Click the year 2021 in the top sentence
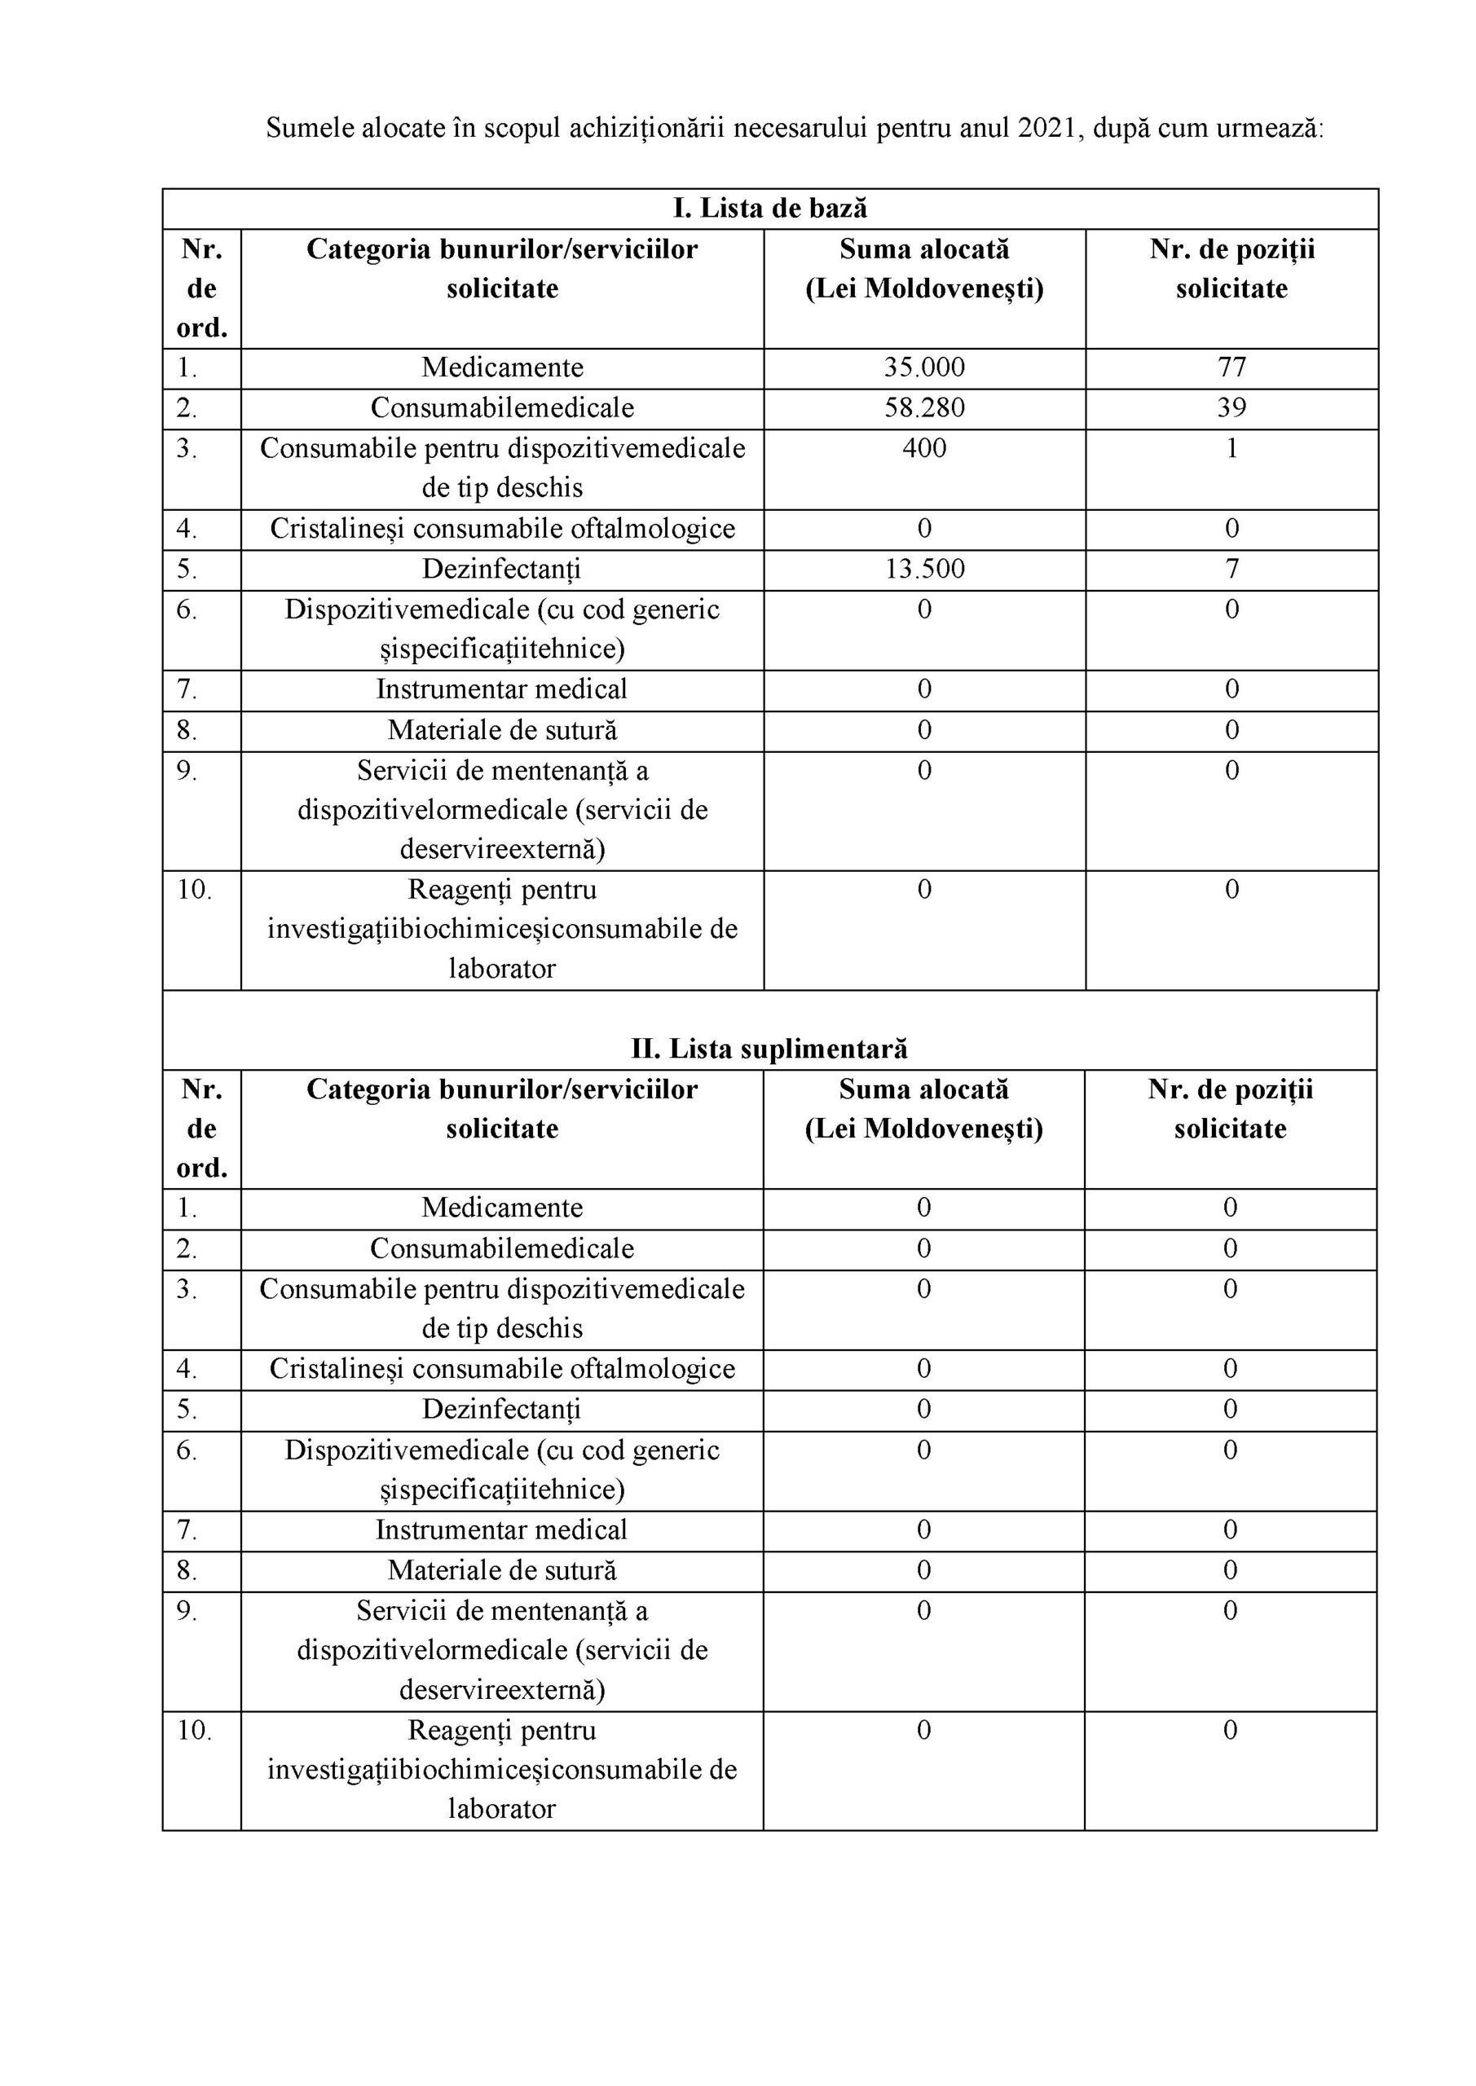pyautogui.click(x=1046, y=128)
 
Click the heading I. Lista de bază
pyautogui.click(x=770, y=209)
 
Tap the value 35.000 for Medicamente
pyautogui.click(x=924, y=368)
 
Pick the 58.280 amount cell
pyautogui.click(x=924, y=408)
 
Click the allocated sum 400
pyautogui.click(x=924, y=449)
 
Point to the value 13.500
pyautogui.click(x=924, y=570)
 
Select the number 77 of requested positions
pyautogui.click(x=1231, y=368)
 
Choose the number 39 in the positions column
pyautogui.click(x=1231, y=408)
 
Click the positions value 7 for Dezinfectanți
pyautogui.click(x=1231, y=570)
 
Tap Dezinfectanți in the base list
pyautogui.click(x=502, y=570)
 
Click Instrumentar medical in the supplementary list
pyautogui.click(x=502, y=1530)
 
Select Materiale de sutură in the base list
pyautogui.click(x=502, y=730)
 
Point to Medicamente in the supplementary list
pyautogui.click(x=502, y=1208)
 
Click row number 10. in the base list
pyautogui.click(x=194, y=890)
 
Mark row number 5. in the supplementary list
pyautogui.click(x=187, y=1410)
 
